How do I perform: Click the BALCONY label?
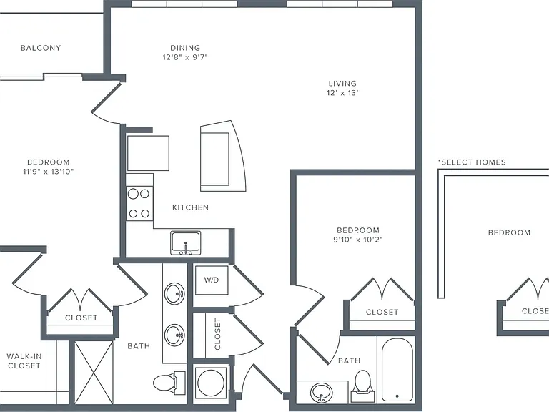coord(41,48)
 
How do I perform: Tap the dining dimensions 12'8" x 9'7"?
coord(185,57)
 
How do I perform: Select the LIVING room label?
coord(342,84)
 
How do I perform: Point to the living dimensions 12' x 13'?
coord(342,93)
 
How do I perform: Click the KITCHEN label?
coord(190,207)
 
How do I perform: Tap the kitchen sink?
coord(186,242)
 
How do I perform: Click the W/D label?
coord(212,280)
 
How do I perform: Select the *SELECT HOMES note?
coord(472,162)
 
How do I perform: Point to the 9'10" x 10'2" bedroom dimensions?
coord(358,240)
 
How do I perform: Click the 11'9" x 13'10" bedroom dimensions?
coord(49,172)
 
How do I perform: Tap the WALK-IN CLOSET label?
coord(24,360)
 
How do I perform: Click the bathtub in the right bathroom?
coord(397,370)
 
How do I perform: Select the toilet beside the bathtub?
coord(362,386)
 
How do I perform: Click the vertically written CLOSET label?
coord(217,334)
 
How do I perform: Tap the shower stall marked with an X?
coord(94,373)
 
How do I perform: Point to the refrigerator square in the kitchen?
coord(148,154)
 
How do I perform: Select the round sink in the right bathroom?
coord(322,392)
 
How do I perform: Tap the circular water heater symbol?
coord(210,383)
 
